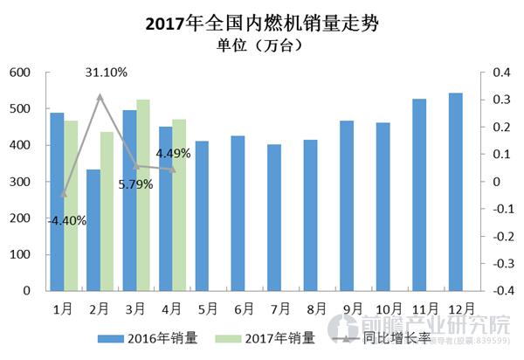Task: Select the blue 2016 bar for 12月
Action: [456, 191]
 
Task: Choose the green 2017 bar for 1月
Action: [71, 205]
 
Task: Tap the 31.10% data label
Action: [107, 73]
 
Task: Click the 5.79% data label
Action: [136, 184]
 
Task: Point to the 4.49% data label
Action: [174, 155]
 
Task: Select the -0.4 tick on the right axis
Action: [499, 290]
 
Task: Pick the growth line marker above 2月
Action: [100, 97]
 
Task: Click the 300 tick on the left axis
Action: [20, 182]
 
